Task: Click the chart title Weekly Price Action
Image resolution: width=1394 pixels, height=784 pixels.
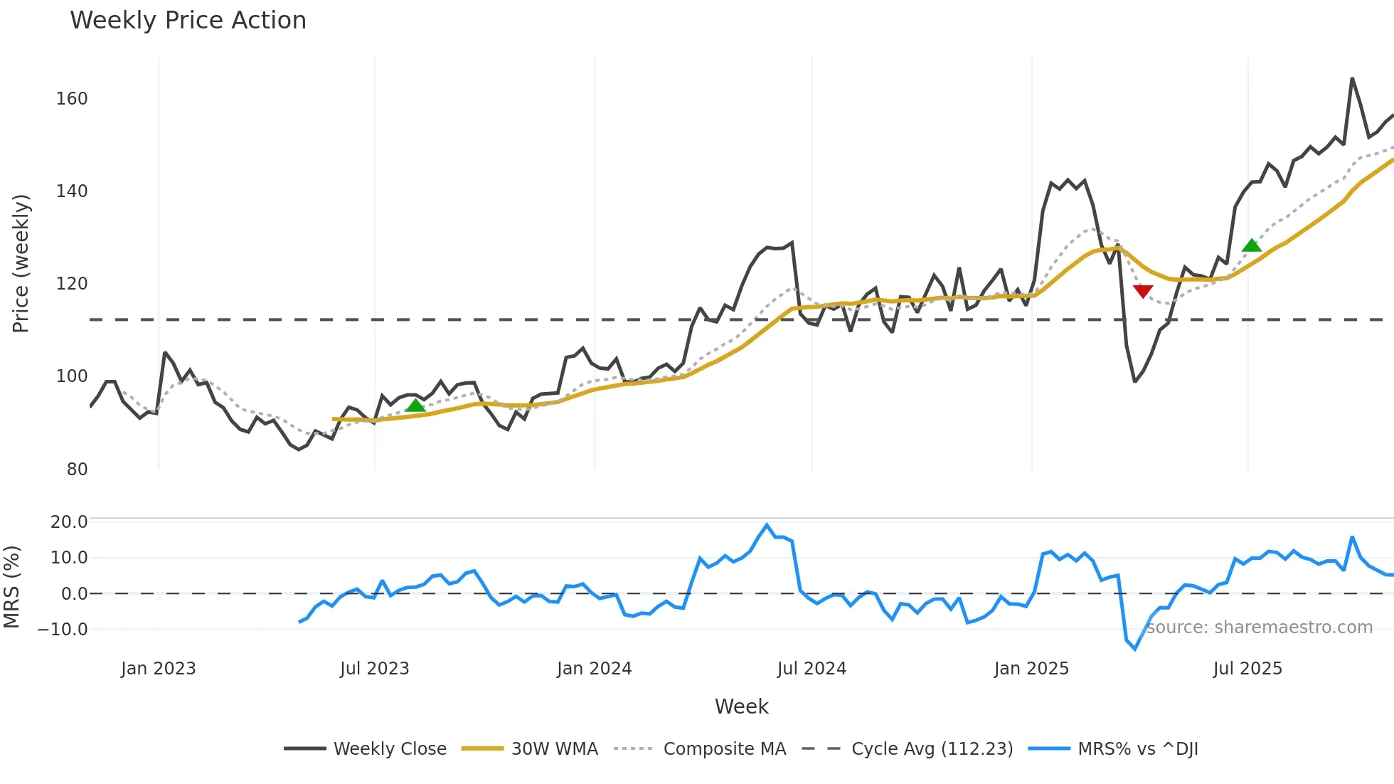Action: pos(188,21)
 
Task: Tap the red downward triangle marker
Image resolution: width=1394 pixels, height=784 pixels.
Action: pos(1143,291)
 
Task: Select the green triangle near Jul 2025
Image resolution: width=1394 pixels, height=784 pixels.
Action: pos(1252,245)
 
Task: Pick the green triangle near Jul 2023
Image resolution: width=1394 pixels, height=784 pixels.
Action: pos(415,406)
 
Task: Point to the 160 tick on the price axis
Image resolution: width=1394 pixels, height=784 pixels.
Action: pos(72,98)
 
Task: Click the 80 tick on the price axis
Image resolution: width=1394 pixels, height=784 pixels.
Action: pos(77,470)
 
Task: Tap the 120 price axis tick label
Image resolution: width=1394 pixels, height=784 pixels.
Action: pos(72,284)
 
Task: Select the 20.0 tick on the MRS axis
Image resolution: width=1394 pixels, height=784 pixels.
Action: pos(69,521)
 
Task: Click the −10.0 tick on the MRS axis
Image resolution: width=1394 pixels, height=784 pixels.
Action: pos(63,629)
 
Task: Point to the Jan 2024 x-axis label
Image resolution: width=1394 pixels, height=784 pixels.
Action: pos(594,669)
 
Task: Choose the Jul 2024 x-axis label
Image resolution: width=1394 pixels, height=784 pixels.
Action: pos(812,669)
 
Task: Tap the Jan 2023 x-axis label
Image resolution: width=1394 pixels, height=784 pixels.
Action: pos(158,669)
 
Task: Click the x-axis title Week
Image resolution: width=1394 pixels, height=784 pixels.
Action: pos(741,706)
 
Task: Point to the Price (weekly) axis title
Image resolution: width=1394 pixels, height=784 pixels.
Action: pos(21,263)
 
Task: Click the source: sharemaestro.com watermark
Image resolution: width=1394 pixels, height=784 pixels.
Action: pos(1259,627)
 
